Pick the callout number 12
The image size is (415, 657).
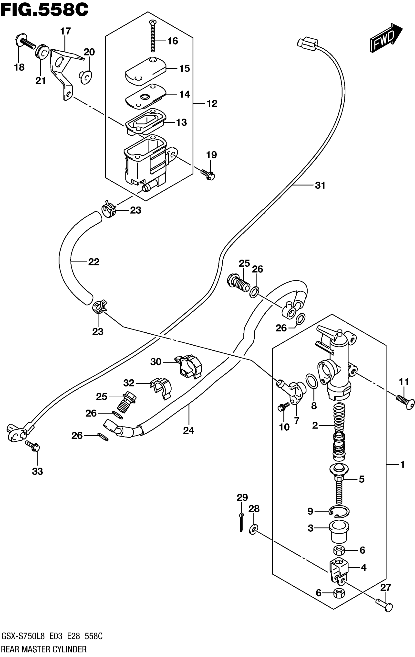[x=212, y=104]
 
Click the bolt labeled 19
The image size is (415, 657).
[x=208, y=174]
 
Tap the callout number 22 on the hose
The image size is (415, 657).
[x=93, y=262]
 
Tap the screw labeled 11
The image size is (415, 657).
[x=405, y=403]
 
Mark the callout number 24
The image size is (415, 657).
[x=188, y=430]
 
